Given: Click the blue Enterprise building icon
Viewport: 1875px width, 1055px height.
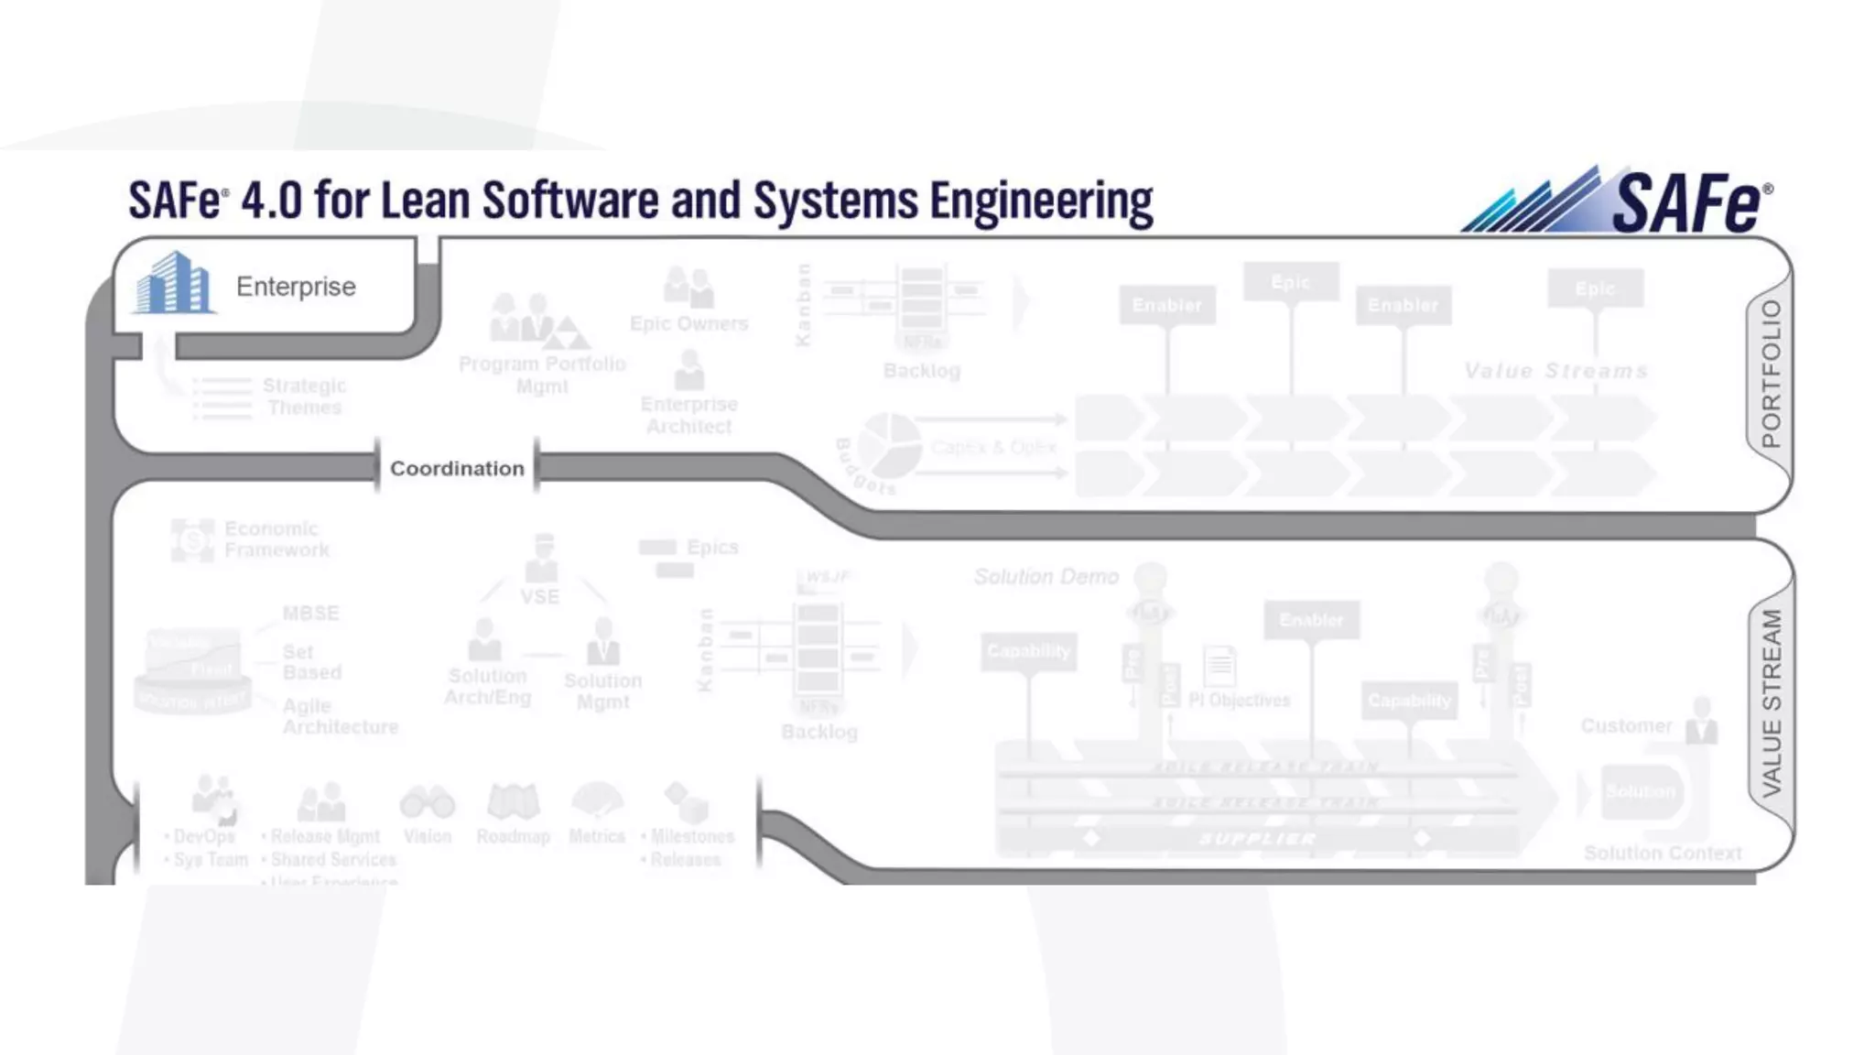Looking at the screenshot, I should click(x=174, y=284).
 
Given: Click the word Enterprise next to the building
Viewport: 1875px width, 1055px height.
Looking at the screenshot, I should click(x=296, y=287).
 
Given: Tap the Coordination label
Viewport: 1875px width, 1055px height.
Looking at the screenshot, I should click(x=457, y=468).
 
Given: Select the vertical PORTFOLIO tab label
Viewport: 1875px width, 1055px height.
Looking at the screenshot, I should click(x=1772, y=374).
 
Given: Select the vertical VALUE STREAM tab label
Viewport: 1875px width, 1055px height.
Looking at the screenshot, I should click(x=1772, y=702).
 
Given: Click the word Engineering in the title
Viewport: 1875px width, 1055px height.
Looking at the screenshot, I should click(x=1041, y=202).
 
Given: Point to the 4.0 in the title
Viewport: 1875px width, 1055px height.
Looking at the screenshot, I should click(x=271, y=201).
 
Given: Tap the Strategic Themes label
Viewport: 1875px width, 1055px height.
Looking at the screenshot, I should click(x=304, y=397).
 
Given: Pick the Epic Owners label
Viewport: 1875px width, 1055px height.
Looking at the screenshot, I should click(x=688, y=323).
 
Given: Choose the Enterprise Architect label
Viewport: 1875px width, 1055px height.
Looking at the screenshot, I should click(x=688, y=415).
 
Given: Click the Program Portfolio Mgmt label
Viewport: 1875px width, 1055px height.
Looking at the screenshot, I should click(x=542, y=375).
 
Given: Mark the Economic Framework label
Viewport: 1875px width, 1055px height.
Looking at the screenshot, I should click(x=276, y=539).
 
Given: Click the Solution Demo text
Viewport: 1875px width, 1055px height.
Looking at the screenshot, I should click(x=1046, y=577).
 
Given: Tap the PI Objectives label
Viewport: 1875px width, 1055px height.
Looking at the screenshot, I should click(x=1239, y=701).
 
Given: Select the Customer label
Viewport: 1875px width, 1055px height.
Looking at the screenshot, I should click(x=1626, y=726).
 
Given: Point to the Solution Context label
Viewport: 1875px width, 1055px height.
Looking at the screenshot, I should click(x=1663, y=854).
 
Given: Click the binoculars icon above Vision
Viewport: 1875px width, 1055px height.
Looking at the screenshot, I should click(x=428, y=802).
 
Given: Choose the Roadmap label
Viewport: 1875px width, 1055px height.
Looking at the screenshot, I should click(x=513, y=836).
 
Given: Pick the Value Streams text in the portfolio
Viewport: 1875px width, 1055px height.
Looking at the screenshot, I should click(x=1555, y=371).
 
